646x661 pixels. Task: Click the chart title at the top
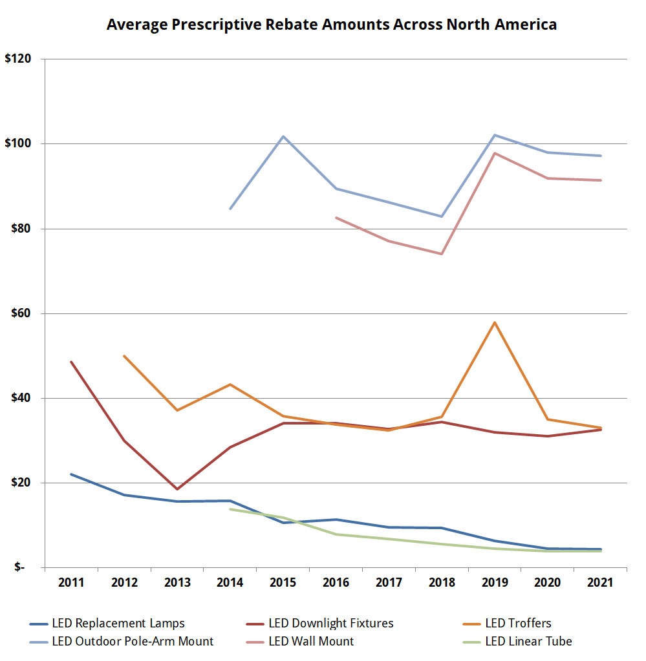coord(331,25)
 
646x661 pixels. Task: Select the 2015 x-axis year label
coord(283,583)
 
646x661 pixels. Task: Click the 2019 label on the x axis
coord(494,583)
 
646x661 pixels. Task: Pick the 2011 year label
coord(71,583)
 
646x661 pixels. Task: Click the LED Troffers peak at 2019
coord(495,322)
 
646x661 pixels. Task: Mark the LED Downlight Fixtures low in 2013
coord(177,489)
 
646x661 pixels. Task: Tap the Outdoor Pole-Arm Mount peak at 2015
coord(283,136)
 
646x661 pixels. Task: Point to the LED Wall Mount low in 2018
coord(442,254)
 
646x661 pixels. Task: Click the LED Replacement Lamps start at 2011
coord(71,474)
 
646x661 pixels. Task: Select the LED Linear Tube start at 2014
coord(230,509)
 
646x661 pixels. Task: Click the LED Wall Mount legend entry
coord(311,642)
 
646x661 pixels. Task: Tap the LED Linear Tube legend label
coord(530,642)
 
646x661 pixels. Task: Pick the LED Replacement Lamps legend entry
coord(129,624)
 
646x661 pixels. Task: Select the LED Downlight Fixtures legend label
coord(330,624)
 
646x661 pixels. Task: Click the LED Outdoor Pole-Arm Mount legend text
coord(144,642)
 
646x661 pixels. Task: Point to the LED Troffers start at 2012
coord(124,356)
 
